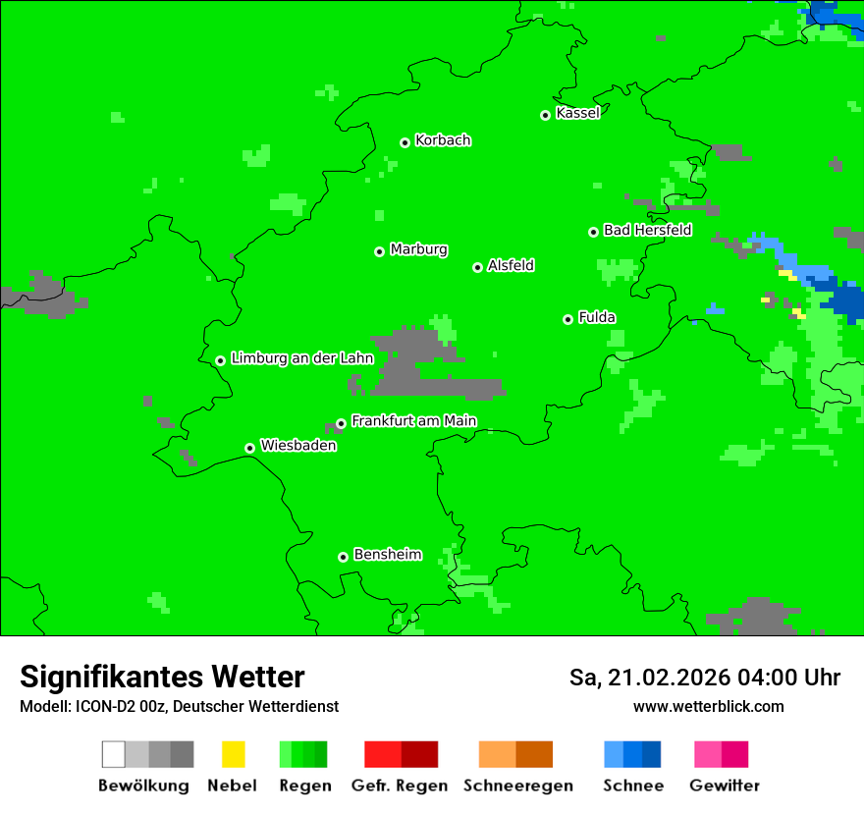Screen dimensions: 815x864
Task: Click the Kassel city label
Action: click(577, 113)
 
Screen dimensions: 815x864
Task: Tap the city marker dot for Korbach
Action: click(405, 142)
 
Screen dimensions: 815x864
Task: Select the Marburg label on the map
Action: click(418, 249)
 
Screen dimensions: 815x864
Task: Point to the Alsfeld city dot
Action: click(477, 267)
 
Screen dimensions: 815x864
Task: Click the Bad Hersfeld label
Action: click(647, 230)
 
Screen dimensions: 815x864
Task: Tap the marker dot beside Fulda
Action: click(567, 319)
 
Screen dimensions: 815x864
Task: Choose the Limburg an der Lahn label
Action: click(301, 358)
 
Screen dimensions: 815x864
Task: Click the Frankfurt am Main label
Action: click(413, 421)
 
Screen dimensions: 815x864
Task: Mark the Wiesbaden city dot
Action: click(249, 448)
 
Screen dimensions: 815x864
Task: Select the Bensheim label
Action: click(387, 555)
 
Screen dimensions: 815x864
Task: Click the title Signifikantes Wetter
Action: click(162, 677)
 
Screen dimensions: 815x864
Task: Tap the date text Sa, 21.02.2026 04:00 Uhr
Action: click(704, 678)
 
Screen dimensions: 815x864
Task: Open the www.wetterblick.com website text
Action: click(708, 706)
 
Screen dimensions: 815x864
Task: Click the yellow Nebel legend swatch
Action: click(233, 754)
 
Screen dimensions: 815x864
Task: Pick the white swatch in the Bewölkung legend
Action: click(113, 754)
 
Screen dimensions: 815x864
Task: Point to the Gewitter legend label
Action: click(724, 786)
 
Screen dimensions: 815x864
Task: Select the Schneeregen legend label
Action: click(517, 786)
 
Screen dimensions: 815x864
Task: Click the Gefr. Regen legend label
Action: click(399, 786)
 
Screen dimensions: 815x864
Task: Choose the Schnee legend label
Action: click(633, 786)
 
